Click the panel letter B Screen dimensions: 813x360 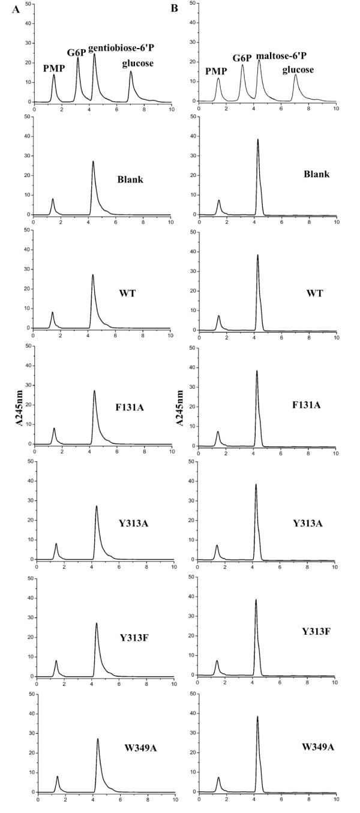tap(175, 8)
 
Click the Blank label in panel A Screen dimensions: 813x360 tap(130, 179)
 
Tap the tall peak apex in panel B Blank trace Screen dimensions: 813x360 tap(258, 139)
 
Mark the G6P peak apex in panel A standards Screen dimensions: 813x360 tap(78, 58)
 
